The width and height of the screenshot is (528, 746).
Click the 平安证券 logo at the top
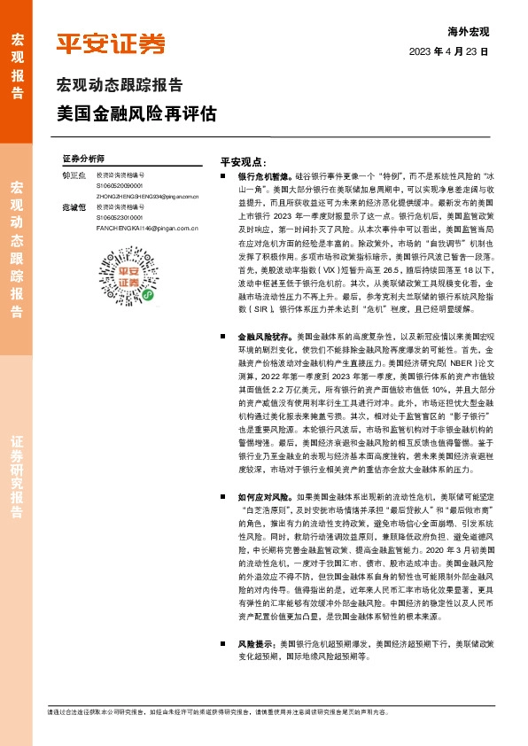pos(110,43)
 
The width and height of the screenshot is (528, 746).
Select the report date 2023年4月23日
pos(448,52)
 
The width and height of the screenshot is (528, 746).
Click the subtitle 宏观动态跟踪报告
pos(120,86)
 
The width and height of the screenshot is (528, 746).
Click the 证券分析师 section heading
pos(83,157)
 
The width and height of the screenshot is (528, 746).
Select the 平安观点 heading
pos(244,163)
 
